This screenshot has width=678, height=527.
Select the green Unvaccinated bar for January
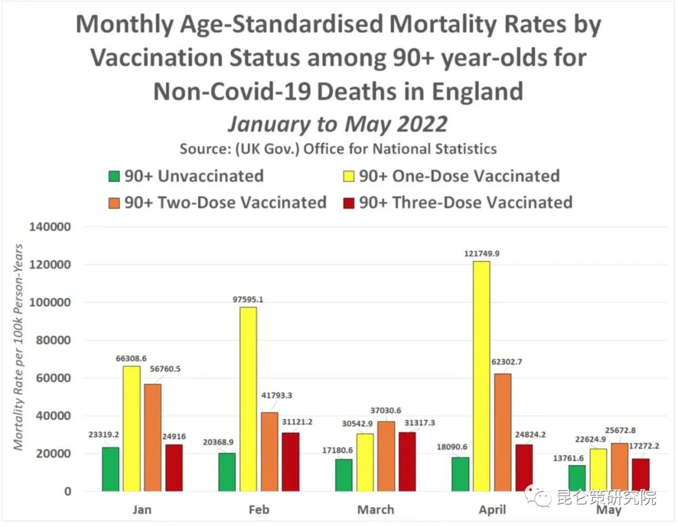(110, 469)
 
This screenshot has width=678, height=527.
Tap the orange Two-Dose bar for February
(269, 452)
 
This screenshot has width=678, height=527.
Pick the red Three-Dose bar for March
(407, 462)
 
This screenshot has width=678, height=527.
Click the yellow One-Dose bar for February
(248, 399)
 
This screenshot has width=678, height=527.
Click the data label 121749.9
(482, 253)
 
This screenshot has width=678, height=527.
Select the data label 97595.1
(248, 299)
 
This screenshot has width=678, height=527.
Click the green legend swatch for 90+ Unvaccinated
(114, 176)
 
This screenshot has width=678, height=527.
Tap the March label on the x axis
(375, 509)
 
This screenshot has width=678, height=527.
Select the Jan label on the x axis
(143, 509)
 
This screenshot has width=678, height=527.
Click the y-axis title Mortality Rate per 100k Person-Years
(19, 346)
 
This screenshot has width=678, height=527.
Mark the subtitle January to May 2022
(338, 124)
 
